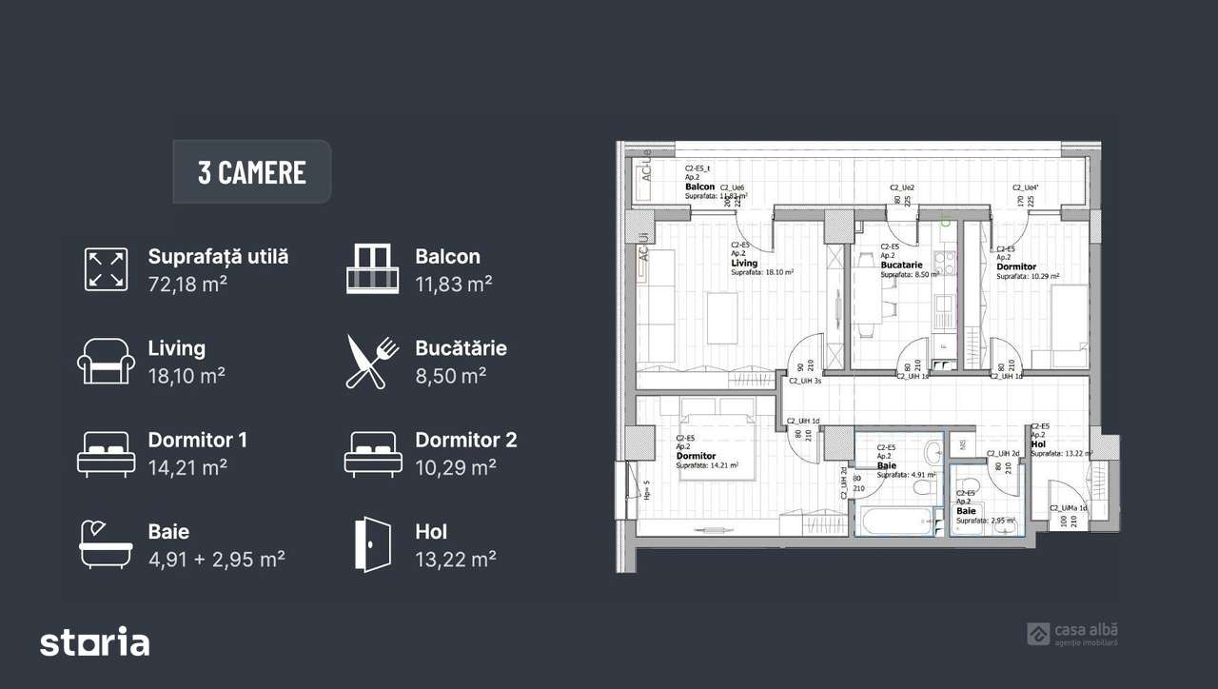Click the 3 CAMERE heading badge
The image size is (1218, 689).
point(252,172)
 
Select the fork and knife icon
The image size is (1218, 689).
point(372,362)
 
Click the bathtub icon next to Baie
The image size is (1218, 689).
point(106,544)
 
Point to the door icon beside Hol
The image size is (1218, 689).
point(372,544)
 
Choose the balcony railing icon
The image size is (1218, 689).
point(372,269)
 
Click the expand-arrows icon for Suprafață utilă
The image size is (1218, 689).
point(106,269)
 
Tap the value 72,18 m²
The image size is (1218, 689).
point(187,284)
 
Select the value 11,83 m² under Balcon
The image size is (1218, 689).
point(453,284)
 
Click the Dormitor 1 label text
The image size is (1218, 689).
point(197,441)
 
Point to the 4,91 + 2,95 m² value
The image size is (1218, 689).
point(216,559)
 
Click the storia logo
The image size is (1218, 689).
point(94,642)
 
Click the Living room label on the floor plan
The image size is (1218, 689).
point(744,264)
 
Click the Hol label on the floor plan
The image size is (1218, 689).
point(1037,443)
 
